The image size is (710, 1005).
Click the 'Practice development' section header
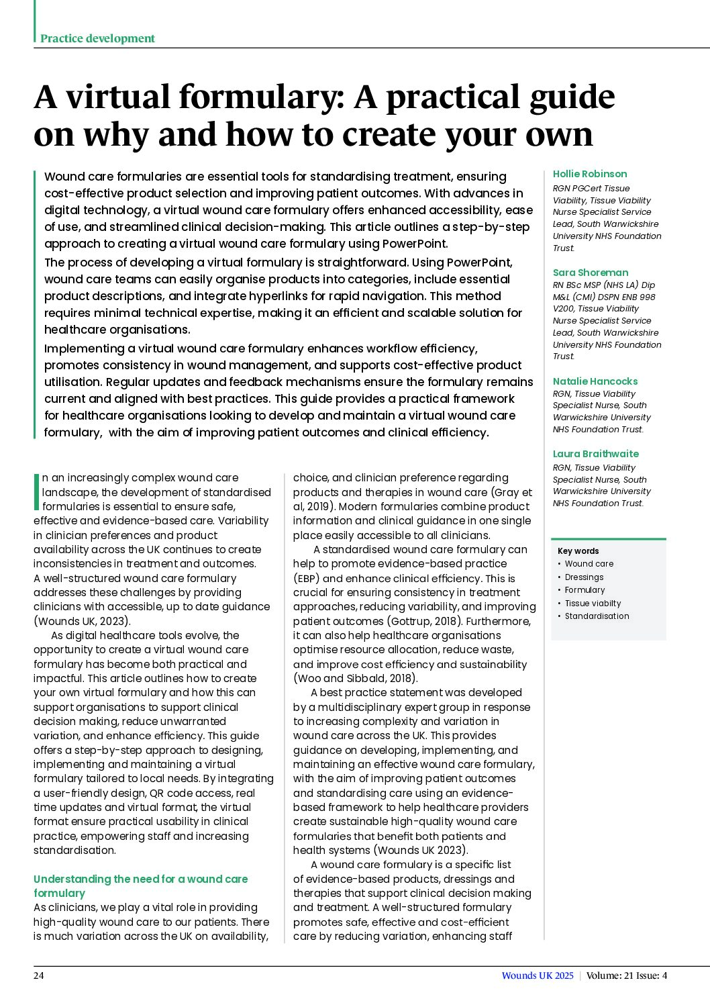coord(97,38)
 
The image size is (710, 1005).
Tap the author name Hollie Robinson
coord(589,174)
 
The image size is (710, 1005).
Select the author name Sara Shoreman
coord(590,273)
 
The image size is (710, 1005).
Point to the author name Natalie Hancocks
coord(595,381)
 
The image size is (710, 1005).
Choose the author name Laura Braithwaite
coord(595,454)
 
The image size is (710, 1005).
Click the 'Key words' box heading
coord(578,551)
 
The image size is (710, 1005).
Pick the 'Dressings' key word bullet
coord(583,577)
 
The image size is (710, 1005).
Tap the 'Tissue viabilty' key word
coord(592,604)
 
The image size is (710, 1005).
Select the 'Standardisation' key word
coord(596,616)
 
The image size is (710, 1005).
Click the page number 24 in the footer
coord(39,975)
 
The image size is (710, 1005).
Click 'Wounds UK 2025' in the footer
coord(537,975)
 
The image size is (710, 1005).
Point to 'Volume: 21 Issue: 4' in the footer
coord(626,975)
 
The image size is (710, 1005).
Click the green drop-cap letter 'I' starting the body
coord(36,491)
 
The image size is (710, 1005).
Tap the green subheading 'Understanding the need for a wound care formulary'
coord(140,886)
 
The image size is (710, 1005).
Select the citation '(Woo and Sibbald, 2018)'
coord(355,678)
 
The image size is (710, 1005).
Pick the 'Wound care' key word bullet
coord(589,564)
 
